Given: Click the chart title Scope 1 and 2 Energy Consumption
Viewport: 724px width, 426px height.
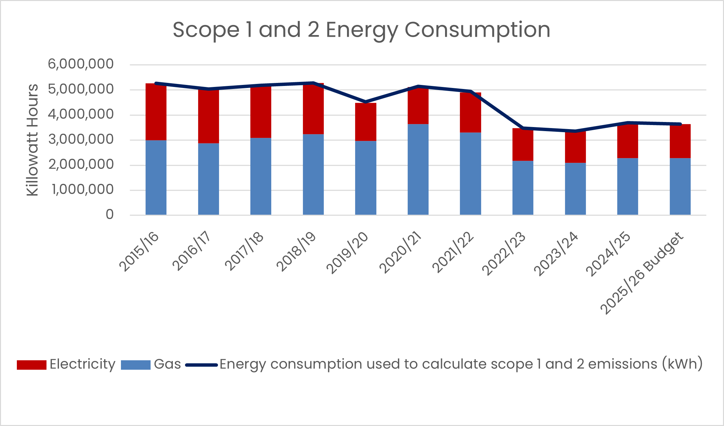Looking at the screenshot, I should [x=361, y=30].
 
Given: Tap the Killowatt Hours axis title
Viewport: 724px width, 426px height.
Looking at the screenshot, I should [x=33, y=140].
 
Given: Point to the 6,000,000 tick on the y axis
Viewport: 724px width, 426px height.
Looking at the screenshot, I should [x=81, y=64].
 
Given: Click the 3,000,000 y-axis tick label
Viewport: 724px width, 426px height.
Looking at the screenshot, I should [x=81, y=140].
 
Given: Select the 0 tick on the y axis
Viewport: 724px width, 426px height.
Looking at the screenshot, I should [x=109, y=215].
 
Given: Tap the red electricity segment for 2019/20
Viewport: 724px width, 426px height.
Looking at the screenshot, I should [x=366, y=122].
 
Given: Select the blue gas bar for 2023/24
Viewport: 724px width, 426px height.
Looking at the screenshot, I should [x=575, y=189].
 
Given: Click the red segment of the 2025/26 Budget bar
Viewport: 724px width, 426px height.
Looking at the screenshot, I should [x=680, y=141].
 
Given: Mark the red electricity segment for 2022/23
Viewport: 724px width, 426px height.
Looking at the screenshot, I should [x=523, y=145].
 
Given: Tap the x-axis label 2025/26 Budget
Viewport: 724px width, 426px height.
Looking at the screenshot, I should [x=642, y=273].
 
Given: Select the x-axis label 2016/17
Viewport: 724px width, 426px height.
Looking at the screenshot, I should [x=192, y=251].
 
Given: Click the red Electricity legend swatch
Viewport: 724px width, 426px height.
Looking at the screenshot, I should [x=31, y=365].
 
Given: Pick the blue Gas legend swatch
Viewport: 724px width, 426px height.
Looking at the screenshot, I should [x=135, y=365].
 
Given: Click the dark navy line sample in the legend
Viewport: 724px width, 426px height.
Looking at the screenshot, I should [x=201, y=365].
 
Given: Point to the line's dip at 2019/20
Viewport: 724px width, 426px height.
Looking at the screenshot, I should [x=366, y=102].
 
